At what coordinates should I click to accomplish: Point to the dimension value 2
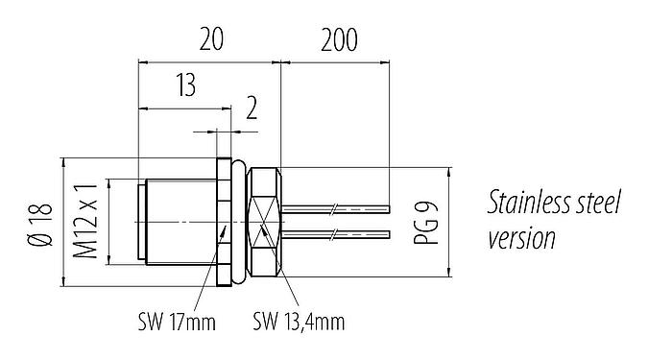tap(252, 108)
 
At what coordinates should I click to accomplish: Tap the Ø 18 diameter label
tap(36, 224)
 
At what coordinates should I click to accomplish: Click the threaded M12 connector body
tap(178, 222)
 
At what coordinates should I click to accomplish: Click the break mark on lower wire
tap(333, 234)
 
